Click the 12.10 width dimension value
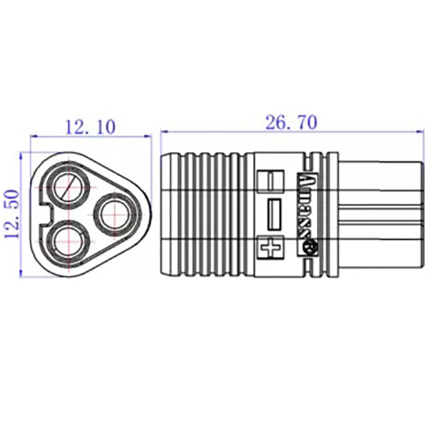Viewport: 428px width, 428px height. tap(89, 127)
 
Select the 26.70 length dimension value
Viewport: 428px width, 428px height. tap(290, 122)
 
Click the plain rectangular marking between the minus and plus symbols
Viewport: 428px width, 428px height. tap(273, 213)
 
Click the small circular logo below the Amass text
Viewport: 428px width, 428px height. tap(311, 248)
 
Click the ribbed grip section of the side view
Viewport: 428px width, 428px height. tap(207, 213)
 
